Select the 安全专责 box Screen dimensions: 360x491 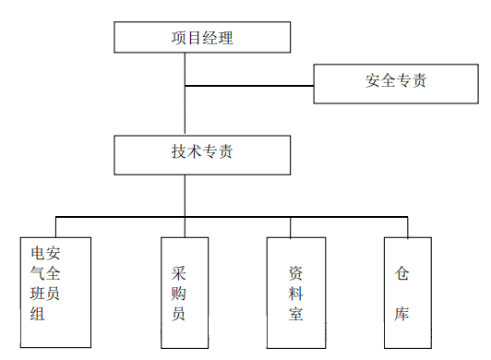(395, 83)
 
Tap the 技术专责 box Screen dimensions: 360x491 (202, 153)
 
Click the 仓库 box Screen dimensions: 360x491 (407, 293)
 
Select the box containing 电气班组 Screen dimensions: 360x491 (56, 293)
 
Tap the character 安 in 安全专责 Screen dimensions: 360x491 (372, 81)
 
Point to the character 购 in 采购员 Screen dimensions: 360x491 (179, 294)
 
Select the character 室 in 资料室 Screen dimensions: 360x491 (294, 314)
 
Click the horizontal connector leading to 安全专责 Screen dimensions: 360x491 (249, 86)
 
